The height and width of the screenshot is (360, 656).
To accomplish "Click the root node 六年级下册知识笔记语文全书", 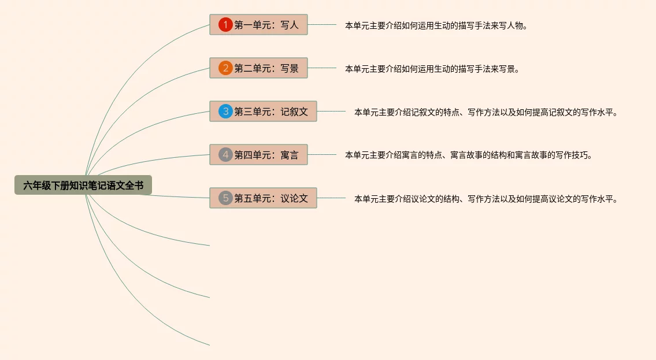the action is pyautogui.click(x=83, y=185).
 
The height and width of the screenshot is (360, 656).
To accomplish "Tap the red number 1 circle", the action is pyautogui.click(x=225, y=25).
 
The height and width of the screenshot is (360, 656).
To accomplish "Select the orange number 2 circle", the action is pyautogui.click(x=225, y=68).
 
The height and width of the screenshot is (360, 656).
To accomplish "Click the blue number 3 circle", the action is pyautogui.click(x=225, y=112).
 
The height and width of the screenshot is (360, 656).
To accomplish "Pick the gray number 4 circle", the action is pyautogui.click(x=225, y=155).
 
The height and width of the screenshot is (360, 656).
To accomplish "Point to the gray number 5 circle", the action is pyautogui.click(x=225, y=198).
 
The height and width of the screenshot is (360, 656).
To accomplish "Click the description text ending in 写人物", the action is pyautogui.click(x=436, y=25).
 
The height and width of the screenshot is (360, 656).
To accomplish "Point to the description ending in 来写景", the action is pyautogui.click(x=432, y=69).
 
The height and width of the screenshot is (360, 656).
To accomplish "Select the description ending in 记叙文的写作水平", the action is pyautogui.click(x=486, y=112).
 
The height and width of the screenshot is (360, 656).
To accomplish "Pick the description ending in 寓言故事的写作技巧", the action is pyautogui.click(x=469, y=155).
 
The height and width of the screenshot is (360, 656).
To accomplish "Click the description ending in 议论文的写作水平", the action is pyautogui.click(x=486, y=199).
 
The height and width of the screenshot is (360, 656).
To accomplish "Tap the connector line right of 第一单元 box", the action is pyautogui.click(x=321, y=25).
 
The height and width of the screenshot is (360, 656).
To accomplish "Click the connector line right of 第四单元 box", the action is pyautogui.click(x=321, y=154).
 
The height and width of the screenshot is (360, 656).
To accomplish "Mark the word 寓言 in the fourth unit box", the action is pyautogui.click(x=290, y=155).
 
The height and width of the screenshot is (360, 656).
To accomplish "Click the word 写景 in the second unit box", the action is pyautogui.click(x=290, y=68).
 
